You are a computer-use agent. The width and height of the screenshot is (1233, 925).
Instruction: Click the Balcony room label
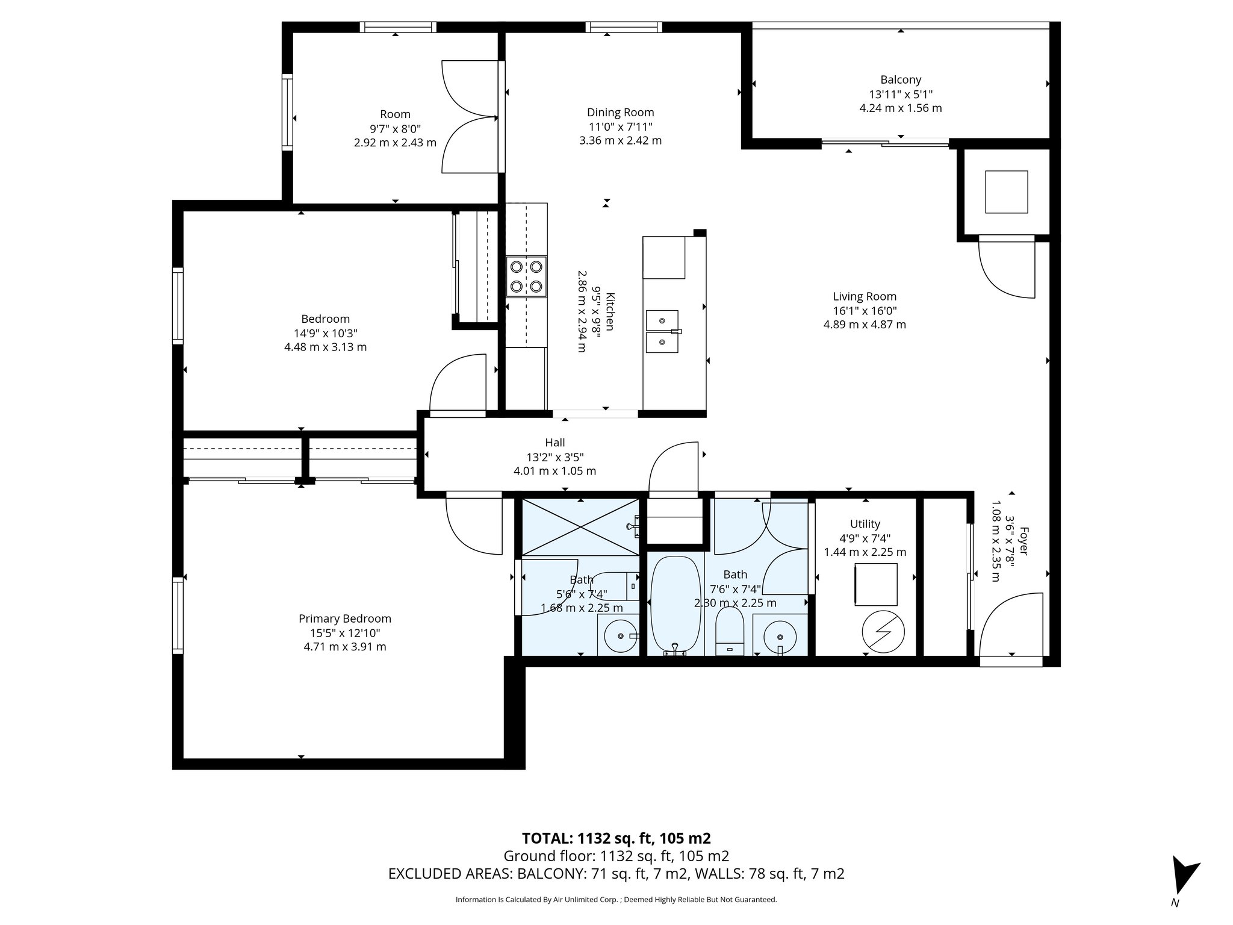pos(901,79)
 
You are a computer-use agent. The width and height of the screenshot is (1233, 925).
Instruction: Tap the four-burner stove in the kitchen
pos(527,276)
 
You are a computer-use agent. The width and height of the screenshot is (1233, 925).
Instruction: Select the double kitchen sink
pos(662,331)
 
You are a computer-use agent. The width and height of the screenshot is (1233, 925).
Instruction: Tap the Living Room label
pos(865,296)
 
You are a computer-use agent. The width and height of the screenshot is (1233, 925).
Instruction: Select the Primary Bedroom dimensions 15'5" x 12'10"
pos(345,633)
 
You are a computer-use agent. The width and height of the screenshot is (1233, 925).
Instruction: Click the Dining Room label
pos(620,113)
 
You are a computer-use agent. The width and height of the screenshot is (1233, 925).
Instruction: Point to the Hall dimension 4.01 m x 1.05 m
pos(554,471)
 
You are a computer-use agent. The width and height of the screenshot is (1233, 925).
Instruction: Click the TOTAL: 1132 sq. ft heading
pos(616,838)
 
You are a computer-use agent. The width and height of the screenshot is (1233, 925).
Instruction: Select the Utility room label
pos(865,524)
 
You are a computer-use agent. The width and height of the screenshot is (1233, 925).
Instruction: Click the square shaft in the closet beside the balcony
pos(1006,192)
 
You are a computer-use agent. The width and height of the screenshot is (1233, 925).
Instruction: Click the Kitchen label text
pos(610,311)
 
